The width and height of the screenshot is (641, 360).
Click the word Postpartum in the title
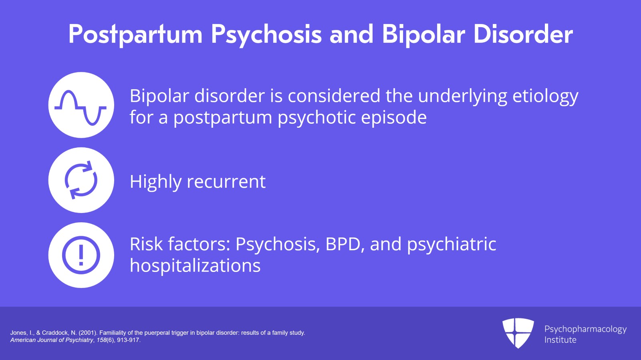click(135, 34)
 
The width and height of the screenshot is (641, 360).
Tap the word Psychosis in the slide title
click(266, 34)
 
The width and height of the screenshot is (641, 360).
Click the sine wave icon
click(81, 108)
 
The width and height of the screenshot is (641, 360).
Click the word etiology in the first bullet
click(545, 97)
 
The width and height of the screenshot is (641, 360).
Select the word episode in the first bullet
click(394, 118)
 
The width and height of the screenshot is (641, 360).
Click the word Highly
click(156, 182)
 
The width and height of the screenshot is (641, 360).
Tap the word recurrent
click(226, 182)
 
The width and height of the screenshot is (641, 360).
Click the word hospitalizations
click(195, 265)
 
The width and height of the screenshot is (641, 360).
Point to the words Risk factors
click(180, 244)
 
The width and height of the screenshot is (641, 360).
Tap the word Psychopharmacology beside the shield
click(585, 330)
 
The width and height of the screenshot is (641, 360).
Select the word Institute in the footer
click(560, 340)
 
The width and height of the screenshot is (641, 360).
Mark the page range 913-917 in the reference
click(128, 340)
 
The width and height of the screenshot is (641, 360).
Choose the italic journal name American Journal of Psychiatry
click(52, 340)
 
